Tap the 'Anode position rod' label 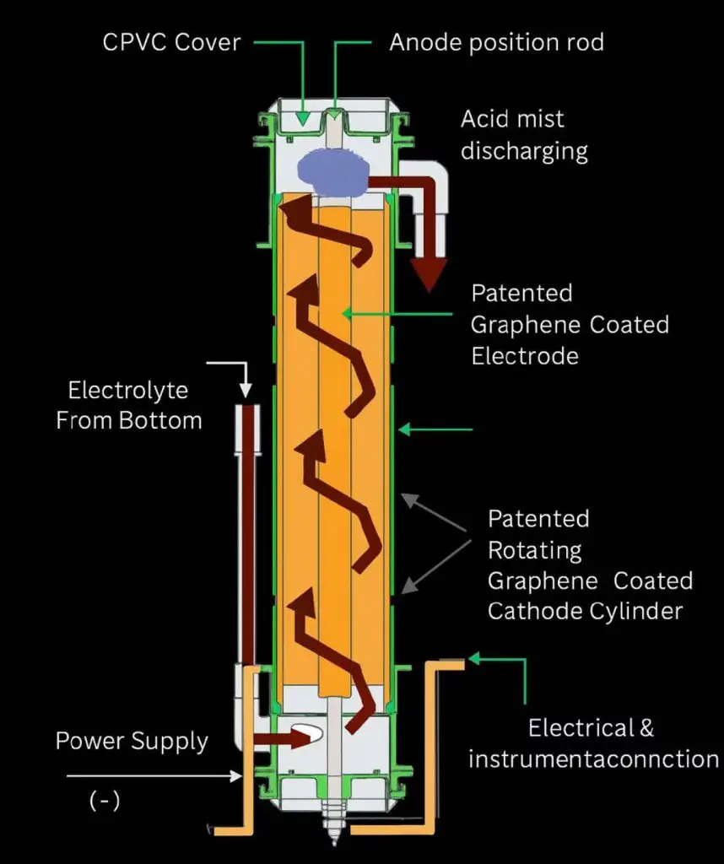click(496, 42)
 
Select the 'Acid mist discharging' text click(524, 135)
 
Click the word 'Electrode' click(525, 356)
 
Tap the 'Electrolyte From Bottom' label click(128, 405)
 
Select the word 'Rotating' click(535, 550)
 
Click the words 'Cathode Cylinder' click(585, 611)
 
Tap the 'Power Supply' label click(132, 742)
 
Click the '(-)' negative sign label click(105, 801)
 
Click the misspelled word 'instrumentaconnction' click(593, 759)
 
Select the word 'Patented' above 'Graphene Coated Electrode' click(521, 293)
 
